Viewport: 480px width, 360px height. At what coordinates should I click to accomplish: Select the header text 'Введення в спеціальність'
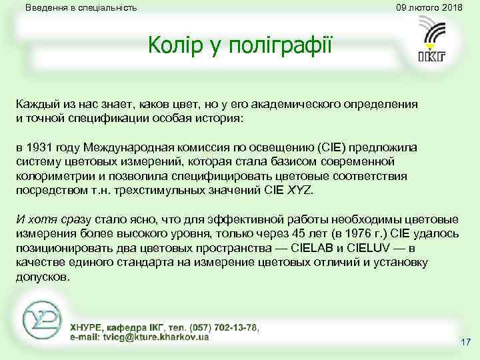click(81, 8)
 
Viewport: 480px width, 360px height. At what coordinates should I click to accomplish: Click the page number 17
click(465, 343)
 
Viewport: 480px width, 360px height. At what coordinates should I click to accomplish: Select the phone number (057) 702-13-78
click(223, 327)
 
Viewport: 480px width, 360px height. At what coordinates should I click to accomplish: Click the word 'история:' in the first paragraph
click(222, 119)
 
